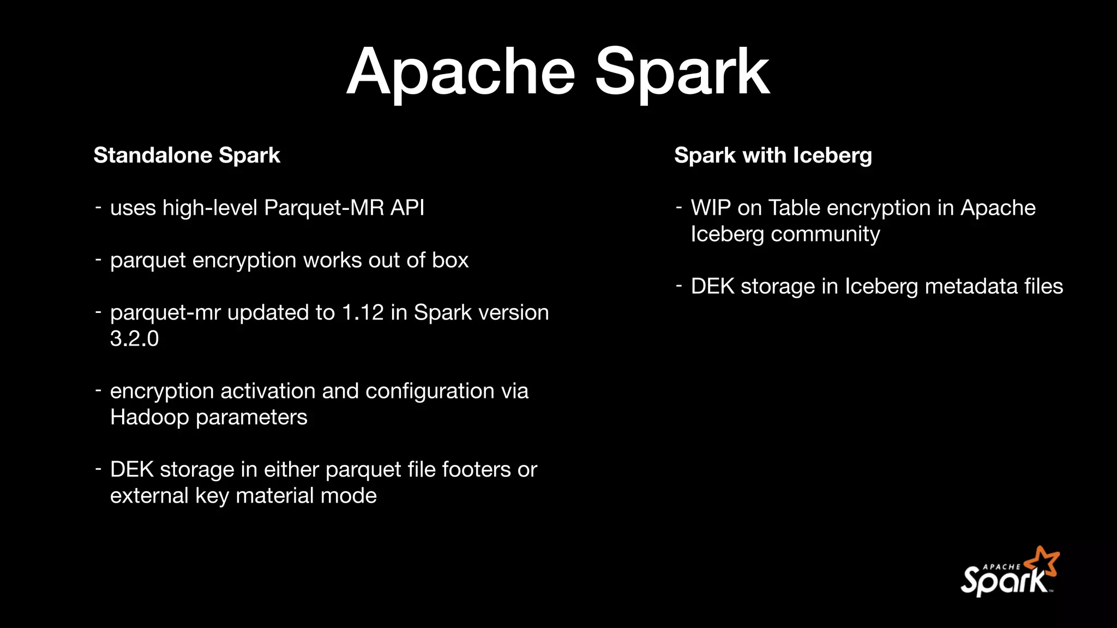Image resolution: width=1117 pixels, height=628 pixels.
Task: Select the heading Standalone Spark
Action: [x=187, y=155]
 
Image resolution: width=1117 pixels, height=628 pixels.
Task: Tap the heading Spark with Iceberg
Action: [x=773, y=155]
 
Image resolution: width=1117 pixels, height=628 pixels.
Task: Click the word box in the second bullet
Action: [x=450, y=260]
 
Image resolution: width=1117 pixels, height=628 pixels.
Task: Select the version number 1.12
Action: [x=363, y=312]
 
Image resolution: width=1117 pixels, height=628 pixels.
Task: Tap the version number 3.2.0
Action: [x=134, y=339]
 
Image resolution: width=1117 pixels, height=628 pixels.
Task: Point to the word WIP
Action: [x=710, y=208]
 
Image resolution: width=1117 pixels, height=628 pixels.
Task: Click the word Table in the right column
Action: [x=794, y=208]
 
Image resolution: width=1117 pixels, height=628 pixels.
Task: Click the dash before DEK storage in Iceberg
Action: [x=679, y=285]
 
